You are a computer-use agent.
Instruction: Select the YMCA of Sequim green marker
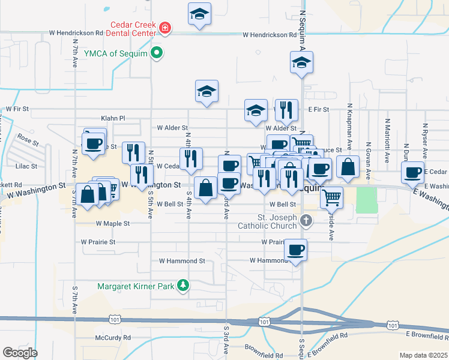(157, 53)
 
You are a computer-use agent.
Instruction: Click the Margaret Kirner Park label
(137, 286)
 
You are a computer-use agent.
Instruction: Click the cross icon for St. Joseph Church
(306, 221)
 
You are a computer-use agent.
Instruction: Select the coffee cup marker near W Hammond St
(295, 249)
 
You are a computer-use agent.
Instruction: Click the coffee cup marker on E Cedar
(412, 172)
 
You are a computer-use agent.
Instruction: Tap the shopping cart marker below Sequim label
(331, 196)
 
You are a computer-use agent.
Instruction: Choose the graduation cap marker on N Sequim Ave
(301, 62)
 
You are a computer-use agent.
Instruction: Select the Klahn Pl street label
(113, 119)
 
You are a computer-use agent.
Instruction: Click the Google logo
(20, 353)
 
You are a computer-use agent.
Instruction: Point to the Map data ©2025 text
(423, 355)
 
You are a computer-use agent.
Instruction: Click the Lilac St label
(26, 166)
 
